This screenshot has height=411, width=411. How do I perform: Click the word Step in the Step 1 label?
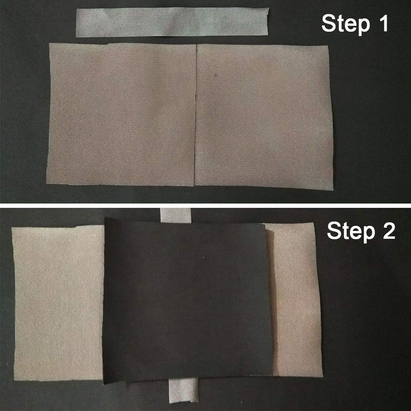point(346,24)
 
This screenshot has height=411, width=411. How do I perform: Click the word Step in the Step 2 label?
point(351,231)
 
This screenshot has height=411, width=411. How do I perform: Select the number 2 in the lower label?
point(389,230)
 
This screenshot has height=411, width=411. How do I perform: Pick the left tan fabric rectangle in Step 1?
point(121,115)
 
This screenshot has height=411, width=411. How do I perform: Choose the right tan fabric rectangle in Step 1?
point(264,116)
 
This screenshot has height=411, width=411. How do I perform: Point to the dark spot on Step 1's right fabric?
point(216,76)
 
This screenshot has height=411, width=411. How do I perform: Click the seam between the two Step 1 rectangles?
point(196,115)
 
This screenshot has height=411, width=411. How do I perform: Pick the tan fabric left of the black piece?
point(58,303)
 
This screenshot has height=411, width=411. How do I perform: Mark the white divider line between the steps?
point(205,205)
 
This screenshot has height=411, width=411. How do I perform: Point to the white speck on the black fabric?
point(204,258)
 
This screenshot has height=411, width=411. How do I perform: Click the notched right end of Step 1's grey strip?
point(267,22)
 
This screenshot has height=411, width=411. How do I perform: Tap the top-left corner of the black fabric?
point(105,217)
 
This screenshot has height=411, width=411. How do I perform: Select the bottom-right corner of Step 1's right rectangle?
point(333,189)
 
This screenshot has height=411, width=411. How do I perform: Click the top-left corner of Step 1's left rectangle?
point(50,43)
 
